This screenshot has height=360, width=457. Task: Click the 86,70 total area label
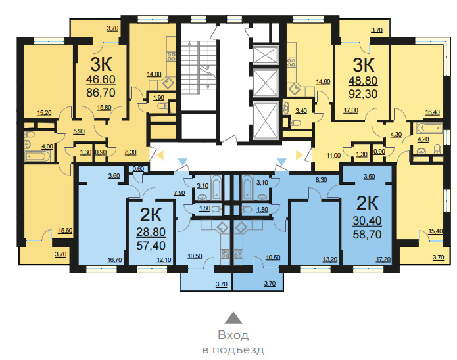pyautogui.click(x=101, y=93)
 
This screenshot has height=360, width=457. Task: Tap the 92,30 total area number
pyautogui.click(x=363, y=94)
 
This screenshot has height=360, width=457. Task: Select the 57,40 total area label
pyautogui.click(x=151, y=246)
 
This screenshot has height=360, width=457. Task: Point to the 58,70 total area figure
pyautogui.click(x=367, y=235)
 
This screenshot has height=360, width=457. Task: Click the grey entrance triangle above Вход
pyautogui.click(x=233, y=318)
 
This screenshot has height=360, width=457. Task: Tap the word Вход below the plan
pyautogui.click(x=233, y=335)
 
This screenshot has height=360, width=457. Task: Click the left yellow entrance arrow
pyautogui.click(x=160, y=155)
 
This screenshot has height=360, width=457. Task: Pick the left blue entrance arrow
pyautogui.click(x=182, y=162)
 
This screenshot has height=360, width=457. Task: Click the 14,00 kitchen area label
pyautogui.click(x=154, y=74)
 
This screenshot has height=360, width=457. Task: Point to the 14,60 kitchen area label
pyautogui.click(x=323, y=82)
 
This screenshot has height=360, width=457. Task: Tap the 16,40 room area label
pyautogui.click(x=432, y=112)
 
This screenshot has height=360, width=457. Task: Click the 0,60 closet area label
pyautogui.click(x=138, y=169)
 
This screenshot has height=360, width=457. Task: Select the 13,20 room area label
pyautogui.click(x=330, y=259)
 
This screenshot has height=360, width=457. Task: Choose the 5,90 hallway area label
pyautogui.click(x=79, y=131)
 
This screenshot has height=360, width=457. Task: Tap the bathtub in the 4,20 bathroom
pyautogui.click(x=429, y=128)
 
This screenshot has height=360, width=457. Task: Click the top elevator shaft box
pyautogui.click(x=266, y=55)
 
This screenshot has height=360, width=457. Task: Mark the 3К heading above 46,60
pyautogui.click(x=101, y=64)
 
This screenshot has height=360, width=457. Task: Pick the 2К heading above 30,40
pyautogui.click(x=367, y=203)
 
